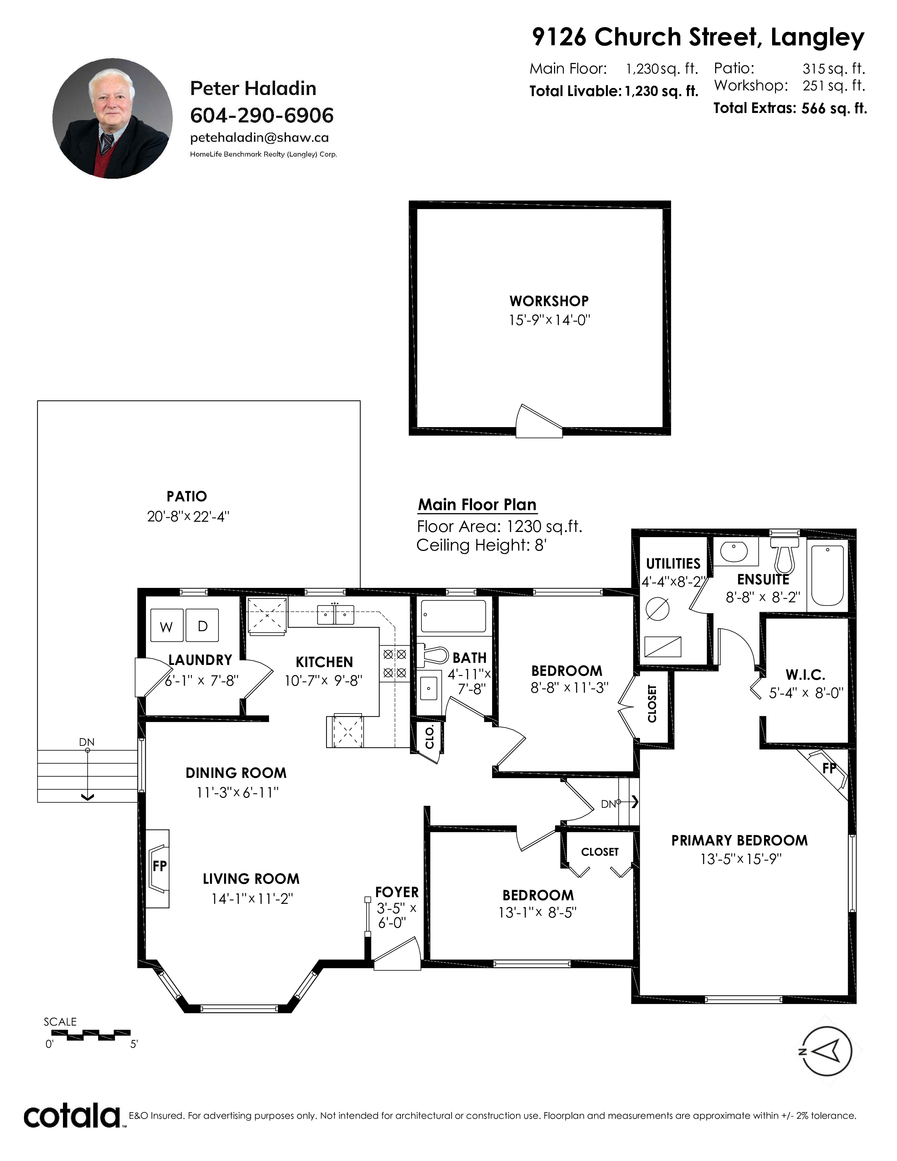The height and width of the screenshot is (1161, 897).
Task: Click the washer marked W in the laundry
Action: tap(167, 626)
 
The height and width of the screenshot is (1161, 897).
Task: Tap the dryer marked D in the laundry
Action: tap(202, 626)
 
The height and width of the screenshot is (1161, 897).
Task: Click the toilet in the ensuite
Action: tap(784, 555)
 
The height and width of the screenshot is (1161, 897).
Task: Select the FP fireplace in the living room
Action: tap(158, 868)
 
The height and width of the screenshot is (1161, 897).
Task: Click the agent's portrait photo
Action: tap(112, 119)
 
